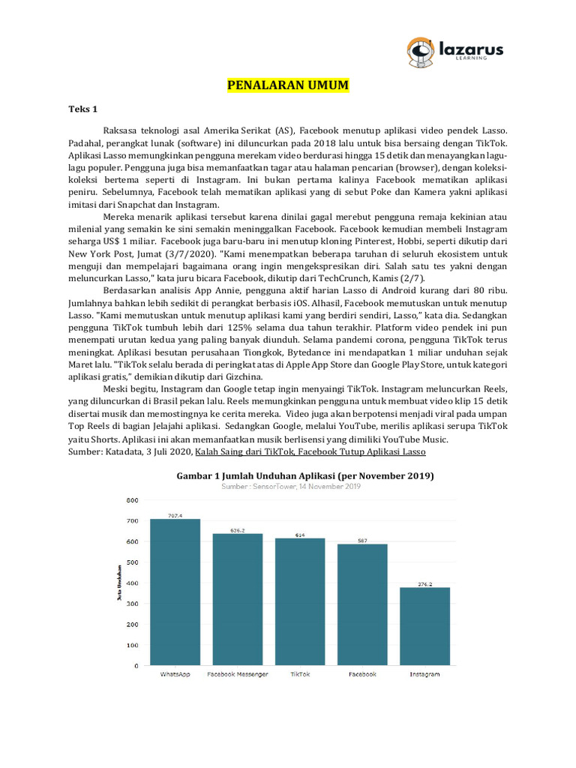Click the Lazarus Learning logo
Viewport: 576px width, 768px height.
[x=454, y=51]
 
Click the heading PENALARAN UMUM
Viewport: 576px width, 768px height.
[x=288, y=85]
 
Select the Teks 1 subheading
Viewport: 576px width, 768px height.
[x=84, y=109]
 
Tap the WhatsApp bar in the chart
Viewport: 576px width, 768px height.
[x=175, y=592]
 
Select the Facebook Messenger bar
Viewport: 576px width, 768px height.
[x=237, y=599]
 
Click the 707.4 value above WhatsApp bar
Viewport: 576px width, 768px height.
[x=175, y=515]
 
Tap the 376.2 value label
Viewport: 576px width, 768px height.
[x=424, y=583]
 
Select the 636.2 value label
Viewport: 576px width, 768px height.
[x=237, y=530]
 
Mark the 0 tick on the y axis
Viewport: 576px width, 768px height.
[x=136, y=666]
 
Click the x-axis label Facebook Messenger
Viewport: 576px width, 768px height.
[x=237, y=674]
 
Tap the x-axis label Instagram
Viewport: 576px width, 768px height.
[x=424, y=674]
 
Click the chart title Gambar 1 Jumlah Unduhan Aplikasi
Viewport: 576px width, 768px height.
[x=304, y=476]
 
